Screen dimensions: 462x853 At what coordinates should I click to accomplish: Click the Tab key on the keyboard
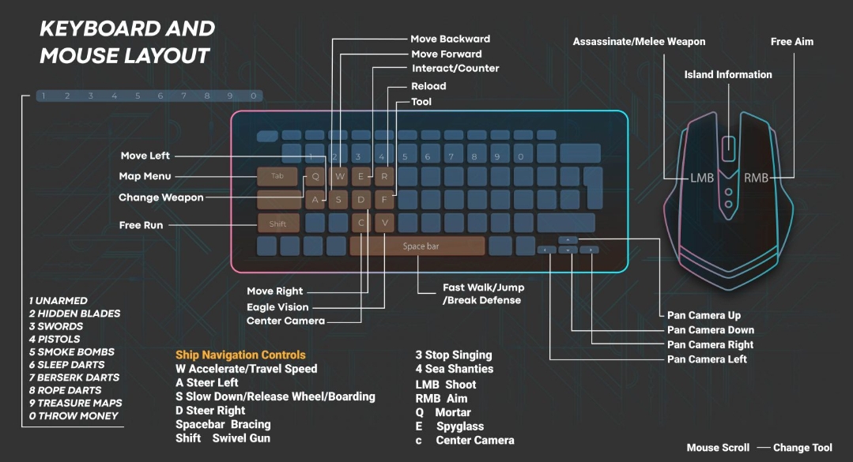(x=277, y=177)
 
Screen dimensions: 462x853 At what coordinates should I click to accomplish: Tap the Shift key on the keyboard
(x=277, y=223)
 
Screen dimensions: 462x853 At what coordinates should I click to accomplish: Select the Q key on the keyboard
(x=315, y=177)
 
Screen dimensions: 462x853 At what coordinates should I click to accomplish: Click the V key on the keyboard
(x=385, y=223)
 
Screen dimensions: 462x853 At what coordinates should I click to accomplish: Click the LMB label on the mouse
(x=702, y=178)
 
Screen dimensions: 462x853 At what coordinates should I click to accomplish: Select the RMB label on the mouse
(x=756, y=178)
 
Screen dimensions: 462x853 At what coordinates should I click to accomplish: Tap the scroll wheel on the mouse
(x=729, y=147)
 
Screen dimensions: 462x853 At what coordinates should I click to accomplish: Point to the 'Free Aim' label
(x=792, y=42)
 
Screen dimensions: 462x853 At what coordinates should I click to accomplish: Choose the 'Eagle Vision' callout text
(x=277, y=307)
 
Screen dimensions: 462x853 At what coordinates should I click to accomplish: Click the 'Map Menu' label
(x=145, y=176)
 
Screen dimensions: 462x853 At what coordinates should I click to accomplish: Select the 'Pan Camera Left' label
(x=707, y=359)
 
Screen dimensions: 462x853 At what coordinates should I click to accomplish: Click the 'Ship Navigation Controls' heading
(x=240, y=355)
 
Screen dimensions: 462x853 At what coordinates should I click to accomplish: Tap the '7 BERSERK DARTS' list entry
(x=74, y=377)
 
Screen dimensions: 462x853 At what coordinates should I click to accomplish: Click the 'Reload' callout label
(x=428, y=86)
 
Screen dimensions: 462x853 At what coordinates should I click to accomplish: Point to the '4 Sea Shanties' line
(x=455, y=369)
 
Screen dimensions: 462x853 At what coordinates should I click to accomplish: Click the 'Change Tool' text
(x=802, y=448)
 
